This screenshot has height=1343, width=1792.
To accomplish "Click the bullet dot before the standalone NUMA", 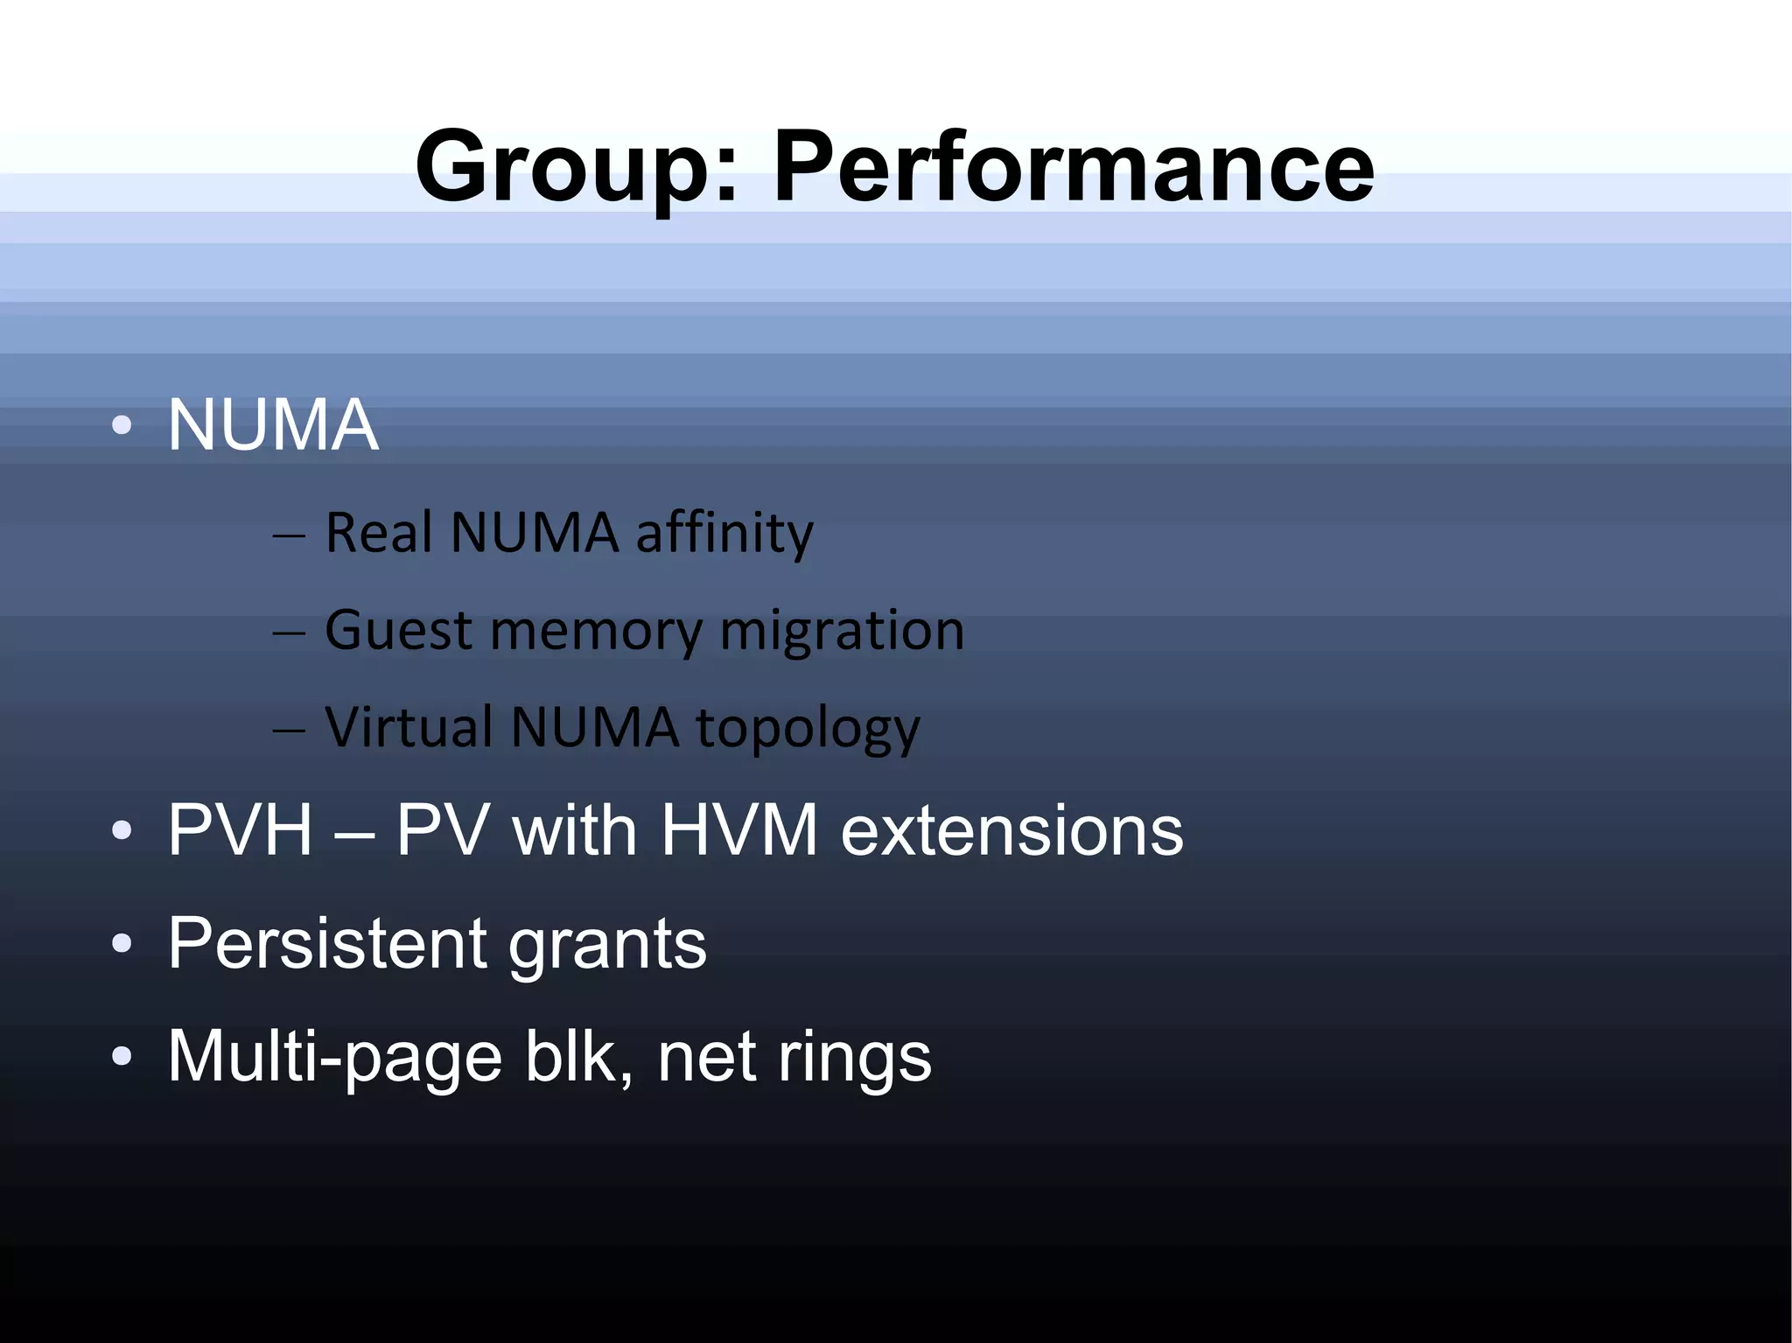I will [x=122, y=426].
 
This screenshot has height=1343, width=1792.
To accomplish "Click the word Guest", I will [x=398, y=630].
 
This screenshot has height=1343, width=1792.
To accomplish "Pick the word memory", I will [x=597, y=632].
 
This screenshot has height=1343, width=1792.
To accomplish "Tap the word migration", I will [x=842, y=632].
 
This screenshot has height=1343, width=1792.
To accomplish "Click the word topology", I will [x=808, y=729].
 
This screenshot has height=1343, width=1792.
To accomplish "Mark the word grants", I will [x=607, y=945].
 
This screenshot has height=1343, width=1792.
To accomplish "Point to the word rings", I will [x=855, y=1057].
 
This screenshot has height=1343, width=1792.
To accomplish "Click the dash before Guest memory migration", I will [x=289, y=632].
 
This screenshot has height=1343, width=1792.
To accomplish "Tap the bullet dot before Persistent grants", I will [x=122, y=944].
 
